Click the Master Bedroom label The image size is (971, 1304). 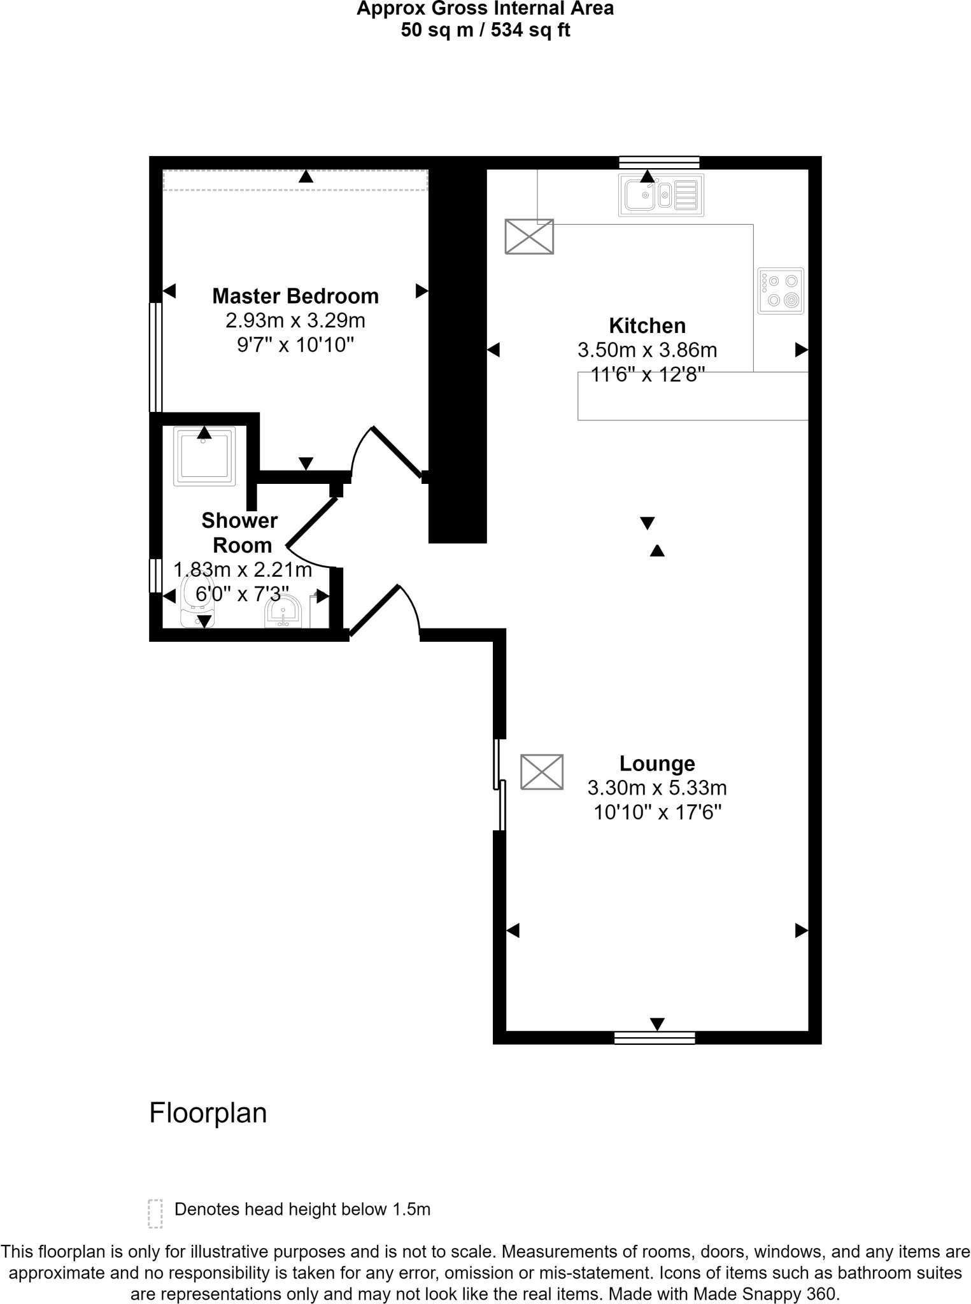pyautogui.click(x=295, y=296)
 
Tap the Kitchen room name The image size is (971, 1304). pyautogui.click(x=647, y=325)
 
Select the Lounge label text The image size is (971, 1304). pyautogui.click(x=657, y=763)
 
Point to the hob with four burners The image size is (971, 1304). pyautogui.click(x=781, y=291)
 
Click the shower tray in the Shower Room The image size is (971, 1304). pyautogui.click(x=204, y=455)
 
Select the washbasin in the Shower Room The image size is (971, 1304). pyautogui.click(x=283, y=612)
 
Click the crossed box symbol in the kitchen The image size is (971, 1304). pyautogui.click(x=529, y=236)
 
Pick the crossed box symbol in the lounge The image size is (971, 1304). pyautogui.click(x=542, y=772)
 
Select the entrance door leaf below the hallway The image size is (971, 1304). pyautogui.click(x=374, y=611)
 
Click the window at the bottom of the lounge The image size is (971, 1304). pyautogui.click(x=654, y=1038)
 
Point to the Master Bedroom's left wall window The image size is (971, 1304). pyautogui.click(x=155, y=357)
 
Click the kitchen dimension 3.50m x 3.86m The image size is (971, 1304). pyautogui.click(x=647, y=350)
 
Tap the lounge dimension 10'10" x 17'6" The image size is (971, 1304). pyautogui.click(x=657, y=812)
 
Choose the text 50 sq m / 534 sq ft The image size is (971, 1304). pyautogui.click(x=485, y=30)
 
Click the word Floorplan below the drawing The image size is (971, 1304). pyautogui.click(x=208, y=1113)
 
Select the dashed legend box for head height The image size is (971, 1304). pyautogui.click(x=155, y=1214)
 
